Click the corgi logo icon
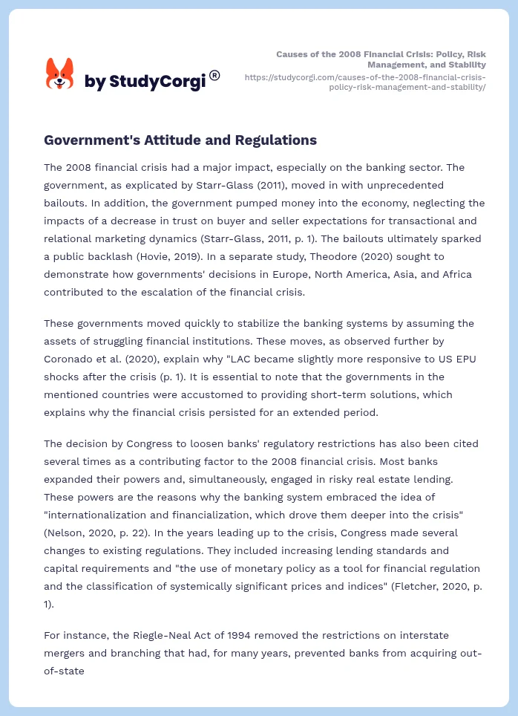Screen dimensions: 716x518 [x=60, y=74]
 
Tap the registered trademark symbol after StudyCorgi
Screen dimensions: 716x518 [x=214, y=75]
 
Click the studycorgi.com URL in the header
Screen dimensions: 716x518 [x=364, y=82]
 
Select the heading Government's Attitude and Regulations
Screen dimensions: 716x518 [x=180, y=140]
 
